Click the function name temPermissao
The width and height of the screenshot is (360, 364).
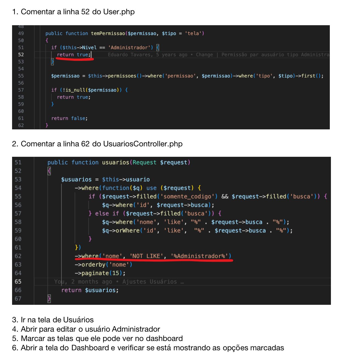108,33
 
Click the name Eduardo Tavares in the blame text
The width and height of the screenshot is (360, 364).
129,55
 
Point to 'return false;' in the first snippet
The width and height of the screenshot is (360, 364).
69,118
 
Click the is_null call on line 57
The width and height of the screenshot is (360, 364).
75,90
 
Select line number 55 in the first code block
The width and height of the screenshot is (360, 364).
21,76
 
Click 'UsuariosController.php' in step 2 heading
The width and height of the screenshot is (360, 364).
143,144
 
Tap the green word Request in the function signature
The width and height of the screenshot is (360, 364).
144,163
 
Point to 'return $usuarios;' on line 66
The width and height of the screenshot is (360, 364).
90,290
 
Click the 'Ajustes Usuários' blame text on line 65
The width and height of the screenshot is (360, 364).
150,282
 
